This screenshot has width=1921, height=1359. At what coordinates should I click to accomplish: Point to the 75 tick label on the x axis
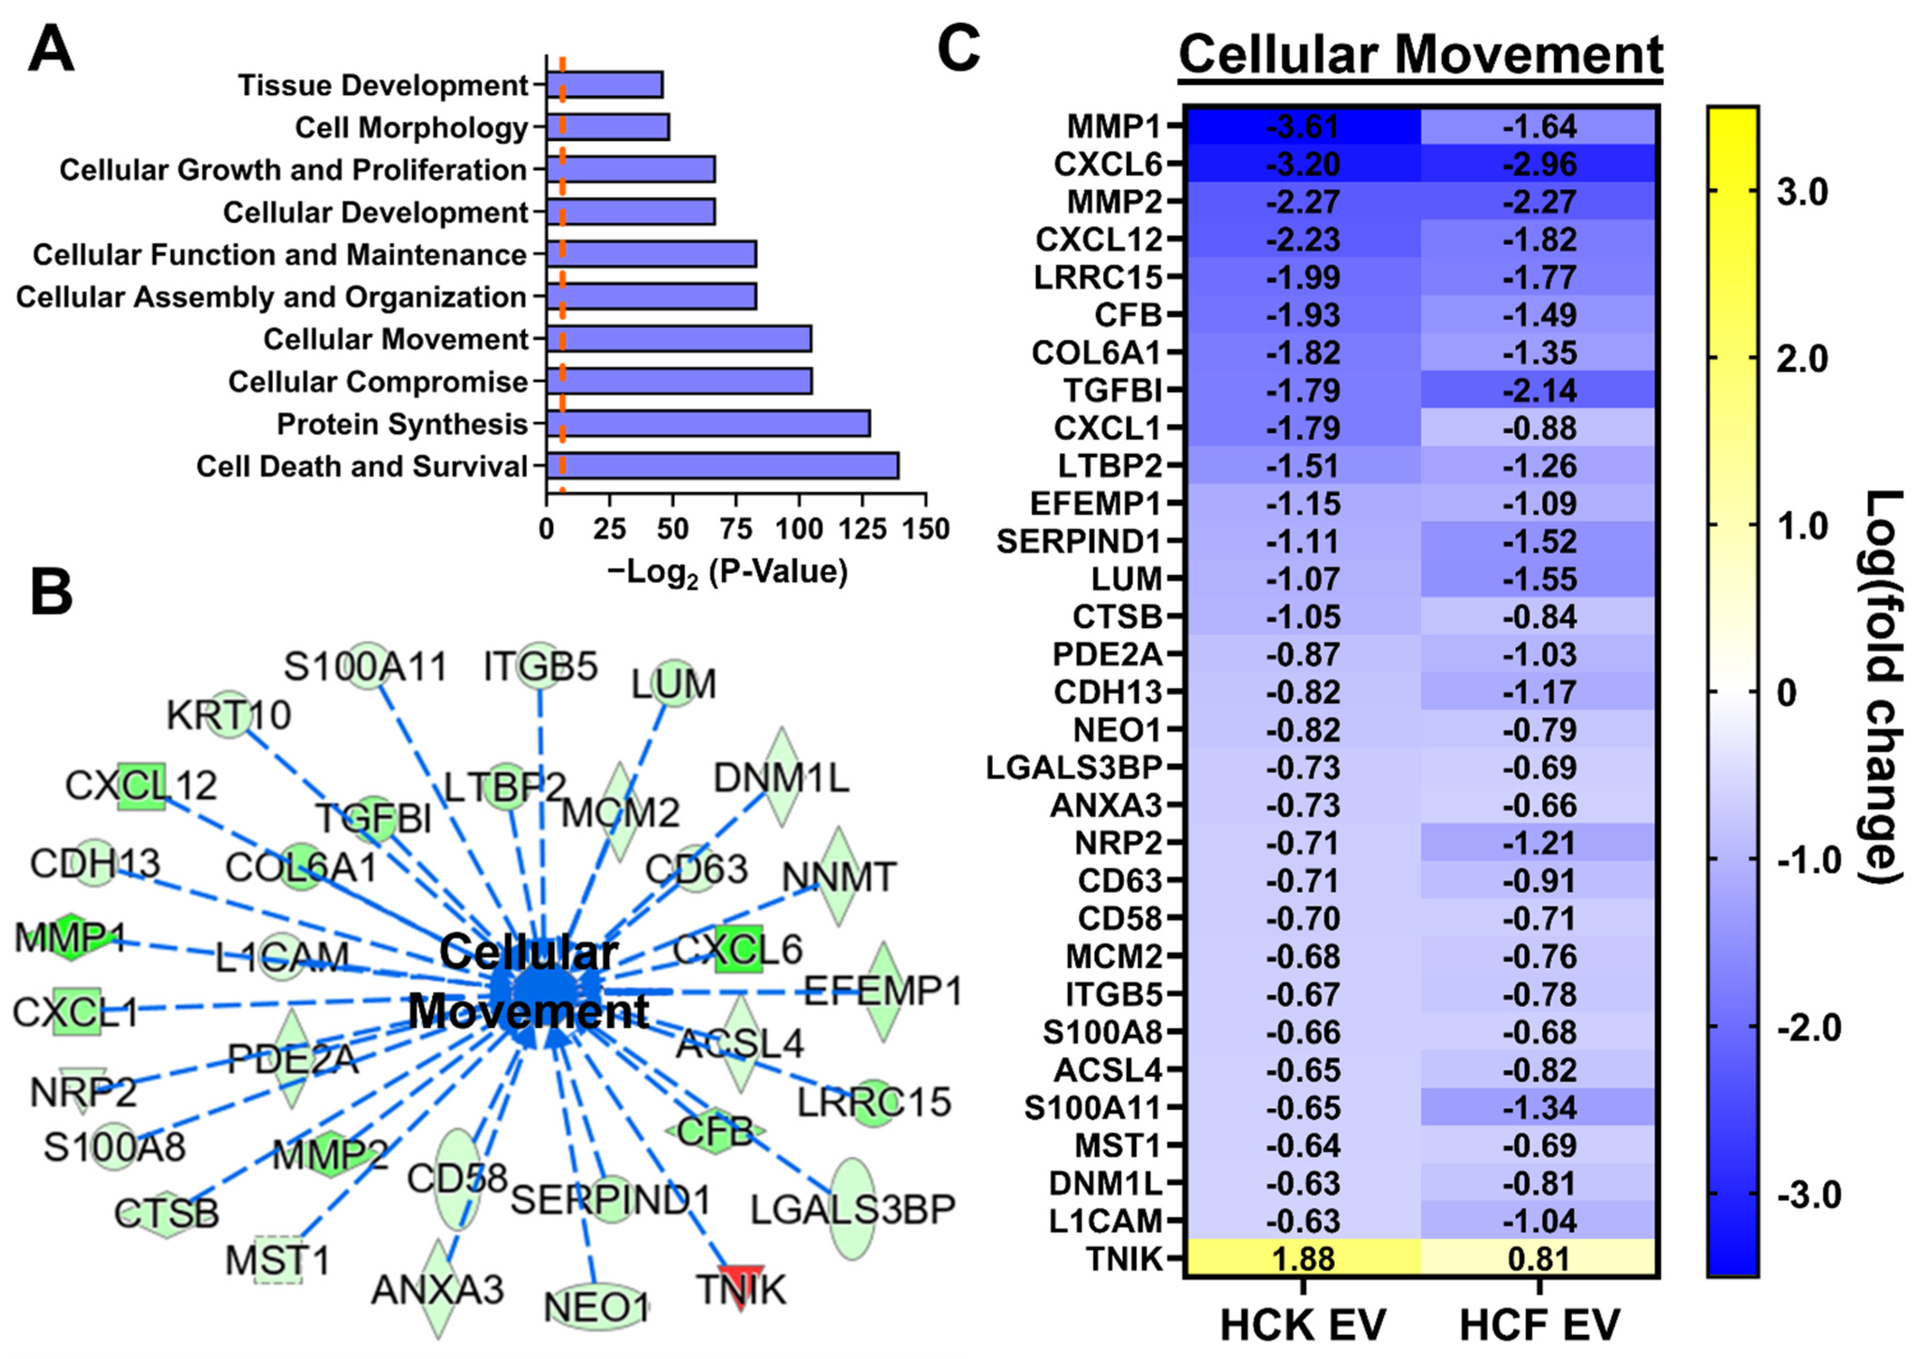click(736, 530)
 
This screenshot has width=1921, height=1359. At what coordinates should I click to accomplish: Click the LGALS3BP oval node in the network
click(853, 1206)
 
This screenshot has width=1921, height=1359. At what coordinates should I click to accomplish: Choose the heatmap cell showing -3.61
click(1302, 127)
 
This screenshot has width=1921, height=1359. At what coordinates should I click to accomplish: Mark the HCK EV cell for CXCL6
click(1302, 164)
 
